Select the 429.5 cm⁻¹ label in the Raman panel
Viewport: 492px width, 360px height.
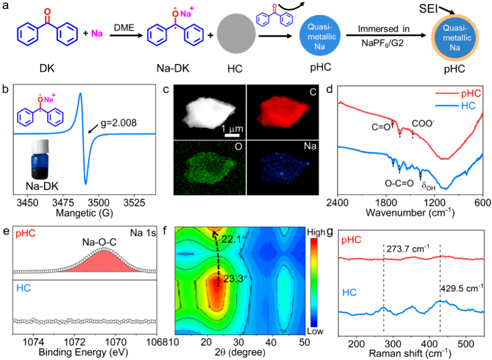461,288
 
